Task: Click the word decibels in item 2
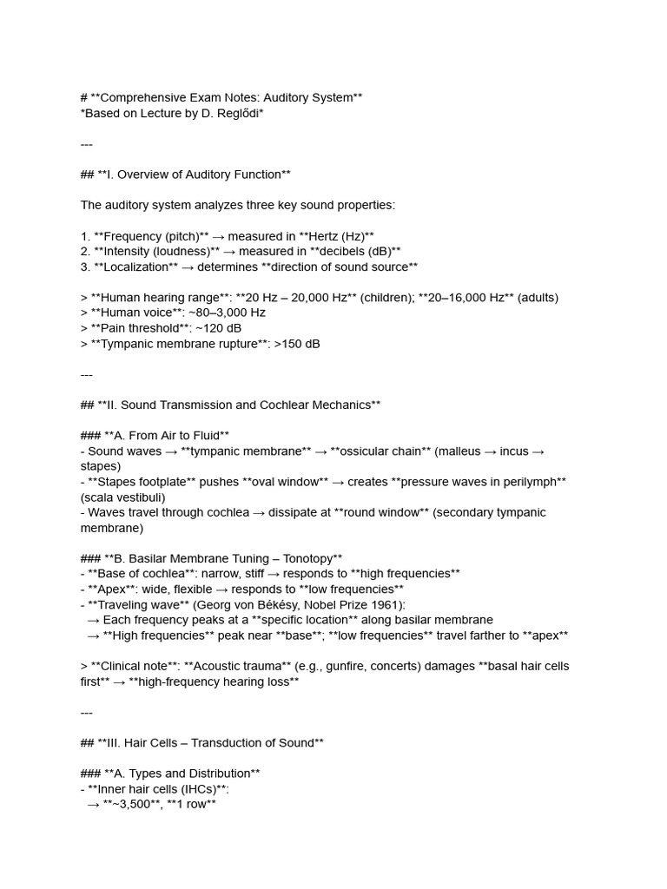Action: [330, 252]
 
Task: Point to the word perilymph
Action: [527, 481]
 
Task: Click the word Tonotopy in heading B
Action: [308, 557]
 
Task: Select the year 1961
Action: [390, 604]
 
